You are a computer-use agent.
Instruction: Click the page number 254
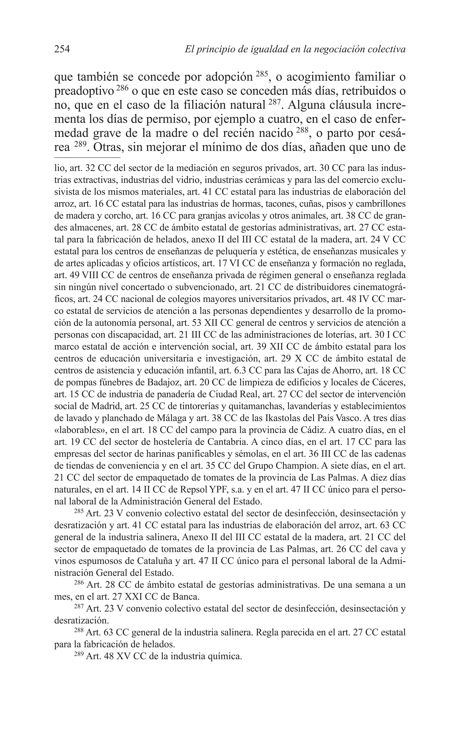tap(62, 49)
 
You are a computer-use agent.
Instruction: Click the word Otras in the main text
tap(108, 147)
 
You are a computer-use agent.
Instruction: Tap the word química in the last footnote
tap(226, 656)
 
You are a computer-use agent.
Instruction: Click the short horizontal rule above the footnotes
tap(87, 158)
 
